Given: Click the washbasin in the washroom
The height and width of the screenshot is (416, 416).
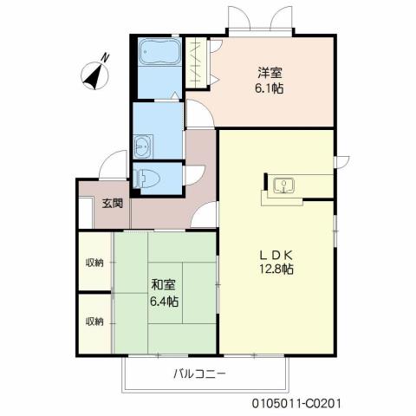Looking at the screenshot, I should click(x=142, y=144).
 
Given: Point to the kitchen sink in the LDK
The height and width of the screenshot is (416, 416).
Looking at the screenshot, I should click(x=283, y=185).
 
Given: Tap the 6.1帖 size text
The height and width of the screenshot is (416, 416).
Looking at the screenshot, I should click(x=270, y=88).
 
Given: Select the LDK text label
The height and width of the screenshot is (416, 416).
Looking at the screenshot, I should click(x=278, y=254).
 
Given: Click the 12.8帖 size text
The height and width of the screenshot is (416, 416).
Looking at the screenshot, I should click(x=278, y=270).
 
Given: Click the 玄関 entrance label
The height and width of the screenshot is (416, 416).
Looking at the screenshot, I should click(x=112, y=204).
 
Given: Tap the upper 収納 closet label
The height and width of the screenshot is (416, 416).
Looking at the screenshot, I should click(x=94, y=263).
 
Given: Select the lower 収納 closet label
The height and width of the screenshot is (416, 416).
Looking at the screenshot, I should click(x=94, y=322).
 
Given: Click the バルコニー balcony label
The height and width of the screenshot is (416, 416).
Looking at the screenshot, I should click(x=198, y=374).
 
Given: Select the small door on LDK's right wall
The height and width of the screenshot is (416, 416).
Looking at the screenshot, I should click(x=342, y=159).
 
